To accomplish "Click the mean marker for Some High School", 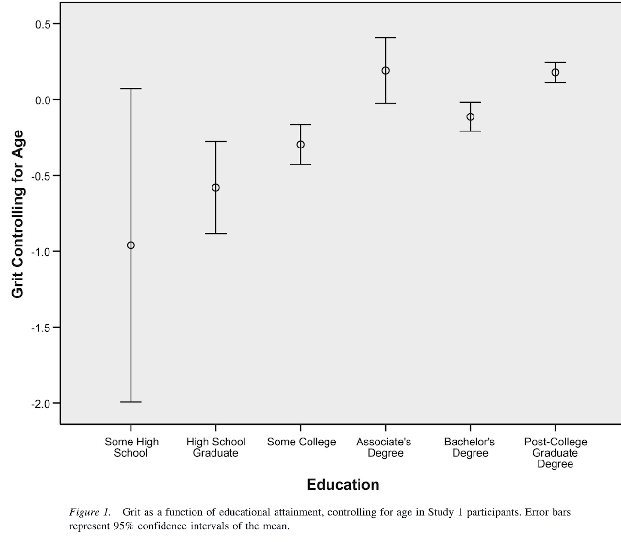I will [x=131, y=246].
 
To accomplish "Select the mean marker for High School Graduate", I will [x=215, y=188].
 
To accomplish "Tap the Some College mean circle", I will [x=300, y=145].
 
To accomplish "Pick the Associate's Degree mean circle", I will [x=385, y=71].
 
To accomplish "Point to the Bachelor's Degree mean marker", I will [x=470, y=117].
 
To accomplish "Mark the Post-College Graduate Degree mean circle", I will [x=555, y=73].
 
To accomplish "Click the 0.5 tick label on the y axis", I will [x=43, y=24].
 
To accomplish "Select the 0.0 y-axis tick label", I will [x=43, y=100].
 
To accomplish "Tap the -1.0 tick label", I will [x=41, y=252].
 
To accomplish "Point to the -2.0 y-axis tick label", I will [x=41, y=404].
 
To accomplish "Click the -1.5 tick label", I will [x=41, y=328].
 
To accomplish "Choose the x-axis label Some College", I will [x=301, y=442].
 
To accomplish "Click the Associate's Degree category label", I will [x=384, y=447].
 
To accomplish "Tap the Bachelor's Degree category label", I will [x=470, y=447].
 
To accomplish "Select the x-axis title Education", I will [x=343, y=485].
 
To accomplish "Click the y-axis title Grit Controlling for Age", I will [x=18, y=214].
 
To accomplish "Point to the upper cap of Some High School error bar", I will [x=131, y=89].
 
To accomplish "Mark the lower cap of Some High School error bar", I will [x=131, y=402].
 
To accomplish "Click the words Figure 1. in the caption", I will [x=90, y=512].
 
